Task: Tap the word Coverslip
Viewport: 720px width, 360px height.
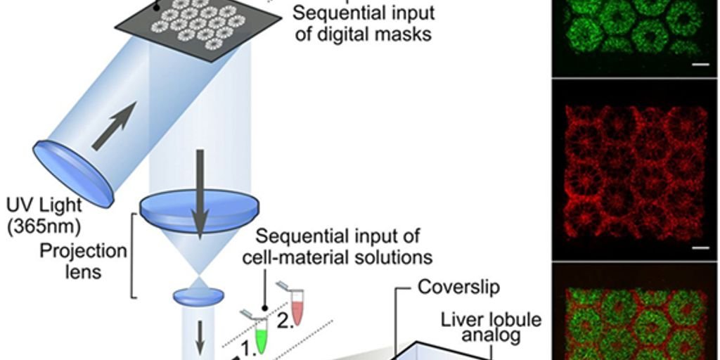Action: tap(459, 287)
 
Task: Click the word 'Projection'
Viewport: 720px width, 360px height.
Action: tap(84, 251)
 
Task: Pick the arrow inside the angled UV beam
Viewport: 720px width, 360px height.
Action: tap(112, 125)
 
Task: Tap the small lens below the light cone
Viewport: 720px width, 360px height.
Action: tap(198, 296)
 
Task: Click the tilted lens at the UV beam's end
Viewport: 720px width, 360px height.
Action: tap(73, 173)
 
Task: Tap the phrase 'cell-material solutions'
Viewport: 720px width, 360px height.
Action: tap(337, 257)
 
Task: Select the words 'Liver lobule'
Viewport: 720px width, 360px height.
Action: tap(491, 319)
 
